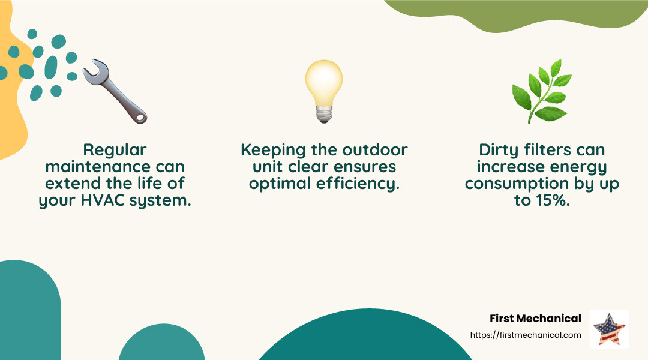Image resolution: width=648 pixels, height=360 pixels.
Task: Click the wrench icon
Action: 115,92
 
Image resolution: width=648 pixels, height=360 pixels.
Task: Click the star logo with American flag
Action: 609,329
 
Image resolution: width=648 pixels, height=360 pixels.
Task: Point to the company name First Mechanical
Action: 535,319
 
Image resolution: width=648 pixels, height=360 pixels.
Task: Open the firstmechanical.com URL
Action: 526,335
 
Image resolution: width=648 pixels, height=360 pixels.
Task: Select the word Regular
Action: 115,149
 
